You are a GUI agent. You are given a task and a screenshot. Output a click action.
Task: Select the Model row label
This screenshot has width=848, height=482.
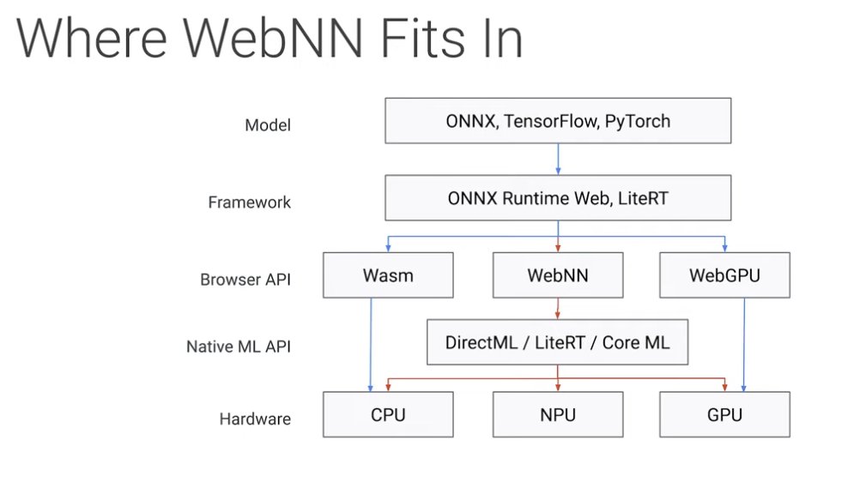click(268, 125)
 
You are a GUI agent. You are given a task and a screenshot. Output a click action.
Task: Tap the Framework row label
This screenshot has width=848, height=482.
click(249, 202)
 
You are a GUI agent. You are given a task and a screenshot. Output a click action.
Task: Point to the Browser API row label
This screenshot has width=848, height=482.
click(245, 280)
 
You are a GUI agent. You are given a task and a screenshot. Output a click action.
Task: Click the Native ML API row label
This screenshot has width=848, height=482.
click(238, 347)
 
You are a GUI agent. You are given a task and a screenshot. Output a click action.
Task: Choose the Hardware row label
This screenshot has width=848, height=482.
click(255, 419)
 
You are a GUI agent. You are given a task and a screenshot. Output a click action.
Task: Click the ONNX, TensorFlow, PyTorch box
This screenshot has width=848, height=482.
click(558, 120)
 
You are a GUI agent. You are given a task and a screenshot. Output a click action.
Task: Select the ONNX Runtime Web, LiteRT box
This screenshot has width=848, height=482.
click(558, 198)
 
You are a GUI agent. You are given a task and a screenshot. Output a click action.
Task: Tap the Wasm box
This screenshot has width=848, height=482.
click(389, 275)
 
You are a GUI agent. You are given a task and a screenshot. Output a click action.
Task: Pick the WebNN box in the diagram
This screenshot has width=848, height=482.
click(558, 275)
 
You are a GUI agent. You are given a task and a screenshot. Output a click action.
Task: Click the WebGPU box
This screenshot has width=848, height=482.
click(725, 275)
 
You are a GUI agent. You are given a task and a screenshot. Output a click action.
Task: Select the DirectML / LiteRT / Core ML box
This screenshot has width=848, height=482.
click(558, 342)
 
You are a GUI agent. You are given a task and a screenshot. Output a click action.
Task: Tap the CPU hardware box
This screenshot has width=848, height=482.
click(389, 414)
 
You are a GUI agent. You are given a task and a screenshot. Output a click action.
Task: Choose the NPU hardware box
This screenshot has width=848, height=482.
click(558, 414)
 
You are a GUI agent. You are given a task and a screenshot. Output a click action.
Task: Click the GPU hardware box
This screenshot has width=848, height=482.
click(725, 414)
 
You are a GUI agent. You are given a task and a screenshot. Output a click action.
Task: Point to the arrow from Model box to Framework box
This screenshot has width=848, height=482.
click(558, 160)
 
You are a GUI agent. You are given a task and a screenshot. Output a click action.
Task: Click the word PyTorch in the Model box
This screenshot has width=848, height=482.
click(636, 120)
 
